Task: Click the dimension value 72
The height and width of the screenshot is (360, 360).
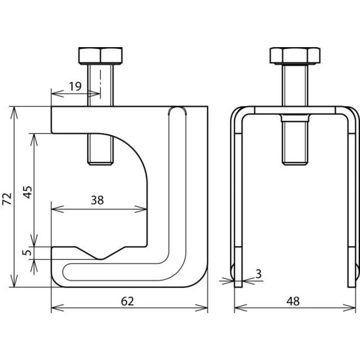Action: click(x=7, y=199)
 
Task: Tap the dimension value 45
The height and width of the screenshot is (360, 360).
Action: click(x=28, y=192)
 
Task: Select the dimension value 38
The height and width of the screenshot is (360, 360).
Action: click(x=97, y=200)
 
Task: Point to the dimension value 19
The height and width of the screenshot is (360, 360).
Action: click(x=76, y=86)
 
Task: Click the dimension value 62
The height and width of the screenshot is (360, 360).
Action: click(x=127, y=301)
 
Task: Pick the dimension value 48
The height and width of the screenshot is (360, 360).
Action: click(x=293, y=301)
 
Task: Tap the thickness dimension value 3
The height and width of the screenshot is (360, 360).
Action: click(x=258, y=274)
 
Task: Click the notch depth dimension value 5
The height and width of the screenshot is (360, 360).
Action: click(x=27, y=253)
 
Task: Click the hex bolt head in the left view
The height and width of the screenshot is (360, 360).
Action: click(x=100, y=56)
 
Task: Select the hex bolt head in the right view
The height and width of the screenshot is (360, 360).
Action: click(x=295, y=56)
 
